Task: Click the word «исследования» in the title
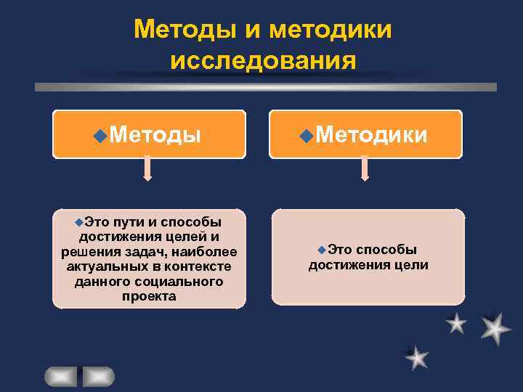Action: pyautogui.click(x=263, y=60)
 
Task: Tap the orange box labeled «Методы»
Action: pyautogui.click(x=149, y=134)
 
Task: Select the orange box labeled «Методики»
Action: pyautogui.click(x=365, y=134)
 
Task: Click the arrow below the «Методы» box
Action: pyautogui.click(x=147, y=169)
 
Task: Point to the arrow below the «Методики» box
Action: pyautogui.click(x=365, y=169)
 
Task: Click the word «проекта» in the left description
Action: pyautogui.click(x=149, y=296)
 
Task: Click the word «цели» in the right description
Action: pyautogui.click(x=412, y=265)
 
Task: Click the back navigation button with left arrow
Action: pyautogui.click(x=60, y=376)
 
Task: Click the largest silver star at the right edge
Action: pyautogui.click(x=495, y=328)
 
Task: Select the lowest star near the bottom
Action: pyautogui.click(x=416, y=356)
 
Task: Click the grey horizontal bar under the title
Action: pyautogui.click(x=266, y=87)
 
